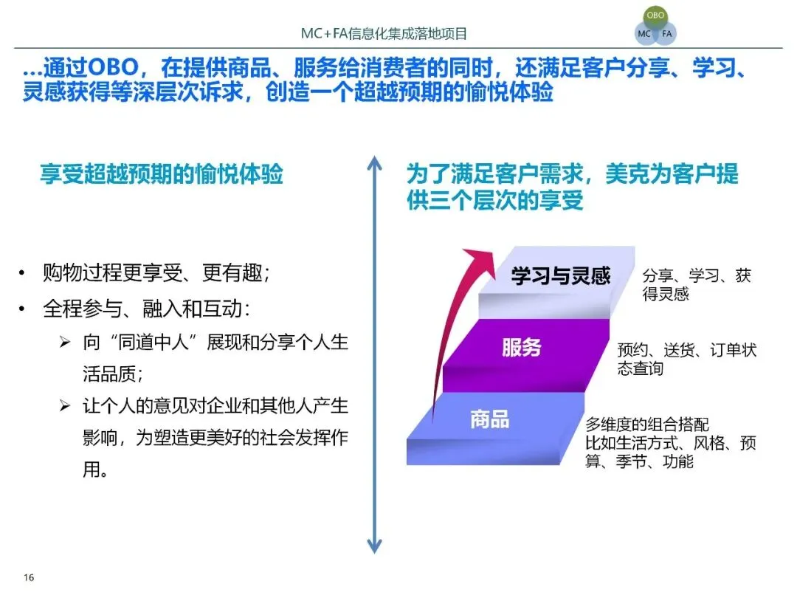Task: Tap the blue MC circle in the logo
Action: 644,34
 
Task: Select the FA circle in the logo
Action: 666,34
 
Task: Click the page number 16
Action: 30,577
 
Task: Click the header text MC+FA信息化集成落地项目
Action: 384,34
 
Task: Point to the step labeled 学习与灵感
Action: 561,276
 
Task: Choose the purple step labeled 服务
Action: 522,347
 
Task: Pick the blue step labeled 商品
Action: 490,419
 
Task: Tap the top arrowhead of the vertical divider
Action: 375,162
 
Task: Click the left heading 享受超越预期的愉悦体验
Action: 162,175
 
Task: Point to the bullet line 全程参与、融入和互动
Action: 146,309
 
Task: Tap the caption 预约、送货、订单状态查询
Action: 686,359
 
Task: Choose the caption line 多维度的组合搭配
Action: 647,425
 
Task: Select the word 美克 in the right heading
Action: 627,175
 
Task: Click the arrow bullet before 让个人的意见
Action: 65,407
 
